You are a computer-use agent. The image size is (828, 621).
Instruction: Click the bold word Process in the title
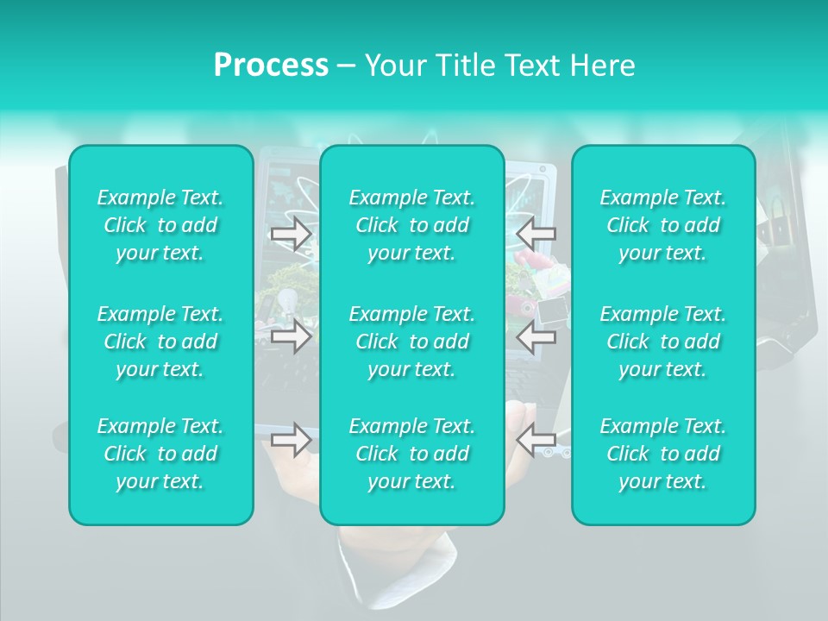pyautogui.click(x=271, y=66)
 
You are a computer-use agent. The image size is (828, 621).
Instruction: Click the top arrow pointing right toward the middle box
pyautogui.click(x=291, y=234)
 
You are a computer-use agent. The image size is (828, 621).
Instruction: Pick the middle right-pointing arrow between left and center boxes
pyautogui.click(x=291, y=336)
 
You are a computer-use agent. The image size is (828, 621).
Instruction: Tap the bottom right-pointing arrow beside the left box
pyautogui.click(x=291, y=440)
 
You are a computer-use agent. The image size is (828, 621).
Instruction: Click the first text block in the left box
pyautogui.click(x=160, y=225)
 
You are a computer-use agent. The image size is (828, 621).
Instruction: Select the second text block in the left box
pyautogui.click(x=160, y=342)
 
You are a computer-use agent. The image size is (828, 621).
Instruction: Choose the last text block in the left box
pyautogui.click(x=160, y=454)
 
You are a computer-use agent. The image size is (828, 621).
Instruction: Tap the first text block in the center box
pyautogui.click(x=411, y=225)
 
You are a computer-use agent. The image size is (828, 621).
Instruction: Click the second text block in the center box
pyautogui.click(x=411, y=342)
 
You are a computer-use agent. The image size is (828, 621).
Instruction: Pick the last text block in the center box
pyautogui.click(x=411, y=454)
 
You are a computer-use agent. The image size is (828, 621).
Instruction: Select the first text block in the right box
pyautogui.click(x=662, y=225)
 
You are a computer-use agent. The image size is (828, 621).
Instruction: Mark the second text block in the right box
pyautogui.click(x=662, y=342)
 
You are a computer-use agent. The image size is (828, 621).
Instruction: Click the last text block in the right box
pyautogui.click(x=662, y=454)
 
